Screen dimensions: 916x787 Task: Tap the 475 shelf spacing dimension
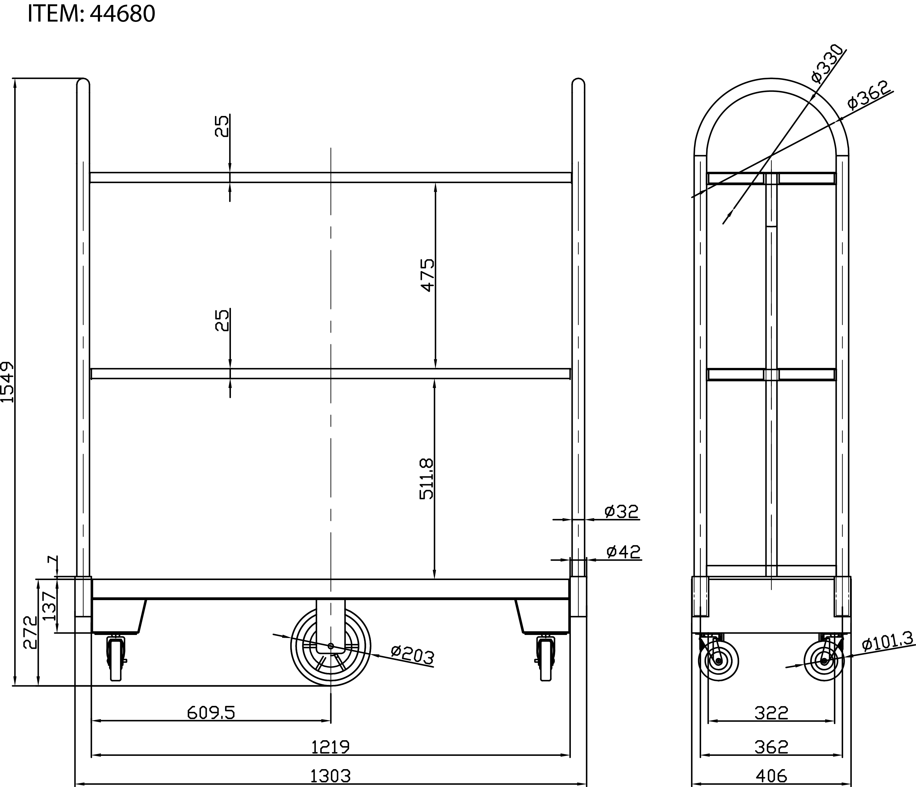coord(428,275)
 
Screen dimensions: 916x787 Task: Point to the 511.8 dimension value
coord(427,479)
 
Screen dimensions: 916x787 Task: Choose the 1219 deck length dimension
coord(330,747)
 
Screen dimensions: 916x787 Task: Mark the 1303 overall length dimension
coord(330,776)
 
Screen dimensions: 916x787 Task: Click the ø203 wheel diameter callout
coord(413,655)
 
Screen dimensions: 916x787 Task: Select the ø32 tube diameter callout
coord(621,511)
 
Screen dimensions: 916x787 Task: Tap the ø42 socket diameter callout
coord(623,552)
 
